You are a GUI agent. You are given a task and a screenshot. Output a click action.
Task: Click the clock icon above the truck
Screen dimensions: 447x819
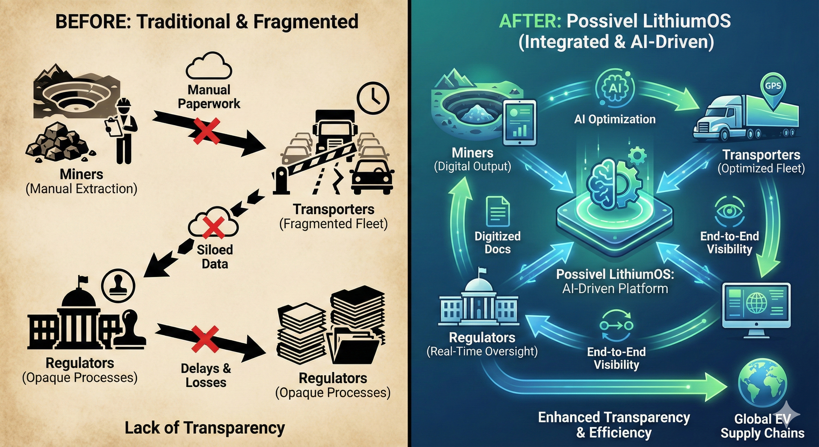pyautogui.click(x=373, y=98)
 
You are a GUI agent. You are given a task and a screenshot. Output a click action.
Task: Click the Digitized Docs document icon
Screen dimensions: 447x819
pyautogui.click(x=498, y=211)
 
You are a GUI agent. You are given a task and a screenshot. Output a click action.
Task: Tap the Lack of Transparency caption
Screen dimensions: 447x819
pyautogui.click(x=205, y=428)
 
